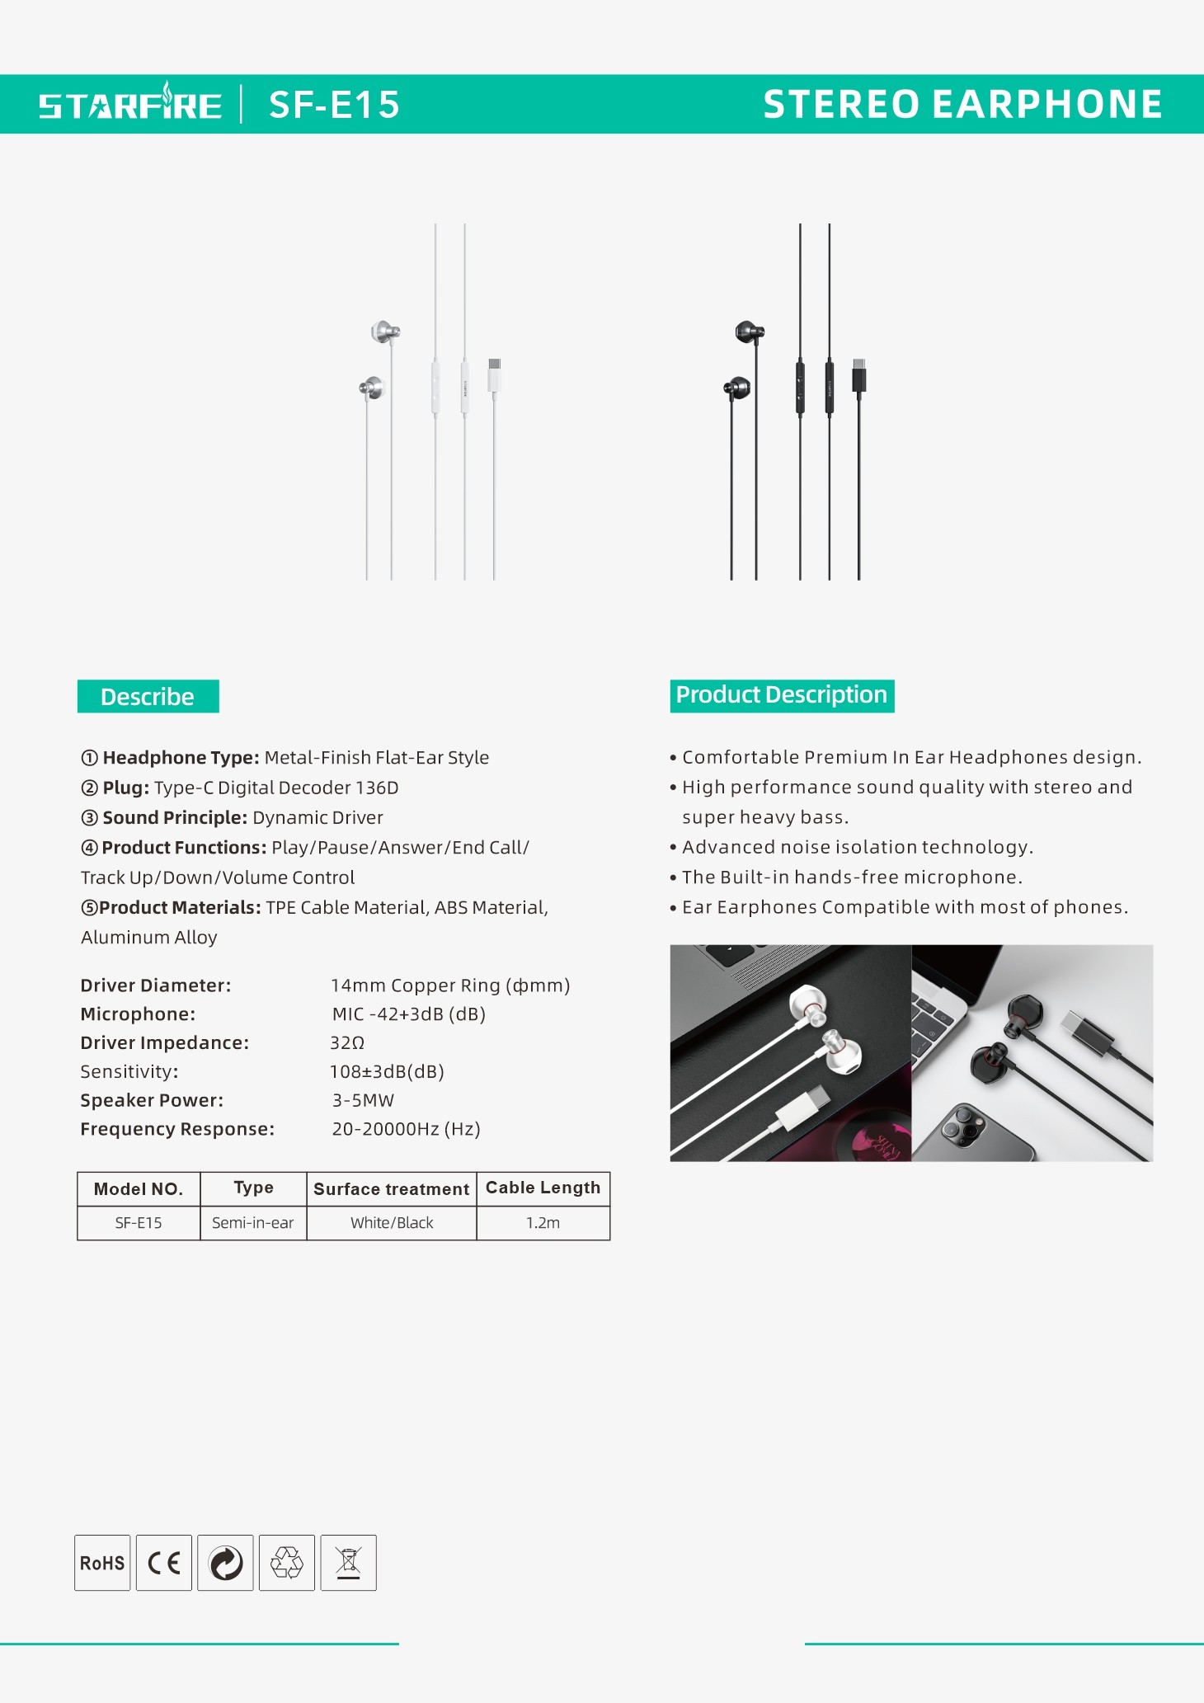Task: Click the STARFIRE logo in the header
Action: [x=130, y=105]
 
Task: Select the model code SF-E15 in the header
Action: [x=334, y=105]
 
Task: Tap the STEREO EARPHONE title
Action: [x=962, y=105]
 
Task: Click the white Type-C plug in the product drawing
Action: [x=494, y=374]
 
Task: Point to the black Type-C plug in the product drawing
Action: [x=858, y=375]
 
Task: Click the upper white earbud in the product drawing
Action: [x=383, y=332]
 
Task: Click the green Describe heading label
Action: [x=148, y=697]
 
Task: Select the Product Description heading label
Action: [x=781, y=695]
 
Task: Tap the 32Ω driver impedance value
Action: [x=347, y=1043]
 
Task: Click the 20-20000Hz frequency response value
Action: [x=406, y=1129]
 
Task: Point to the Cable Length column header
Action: [x=543, y=1188]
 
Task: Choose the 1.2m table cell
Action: [x=543, y=1223]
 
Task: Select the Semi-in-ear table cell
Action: [x=252, y=1223]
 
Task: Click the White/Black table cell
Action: [x=392, y=1223]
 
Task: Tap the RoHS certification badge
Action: [x=102, y=1563]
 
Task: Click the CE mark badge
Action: [x=164, y=1563]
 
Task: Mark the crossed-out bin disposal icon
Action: [x=348, y=1563]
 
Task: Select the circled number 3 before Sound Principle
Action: [x=89, y=818]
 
